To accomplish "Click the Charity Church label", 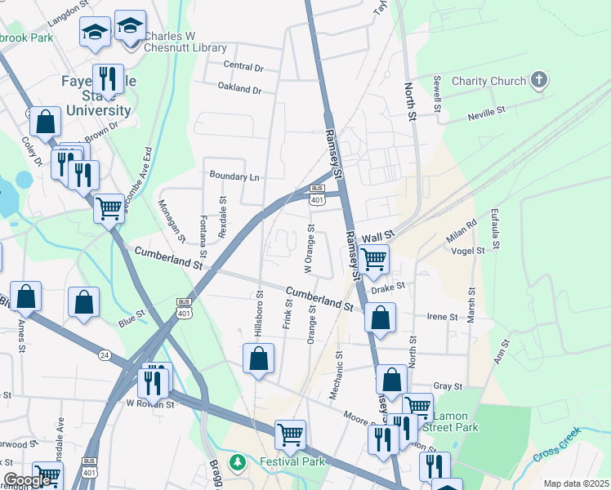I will click(488, 81).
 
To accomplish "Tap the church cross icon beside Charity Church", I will click(538, 80).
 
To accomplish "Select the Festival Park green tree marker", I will click(238, 462).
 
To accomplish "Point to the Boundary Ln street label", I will click(234, 176).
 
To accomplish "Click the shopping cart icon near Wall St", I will click(373, 260).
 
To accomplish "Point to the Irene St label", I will click(443, 317).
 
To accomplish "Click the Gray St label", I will click(448, 386).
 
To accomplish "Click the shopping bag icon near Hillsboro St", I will click(258, 358).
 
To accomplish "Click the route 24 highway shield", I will click(104, 354).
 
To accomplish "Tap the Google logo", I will click(26, 480).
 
